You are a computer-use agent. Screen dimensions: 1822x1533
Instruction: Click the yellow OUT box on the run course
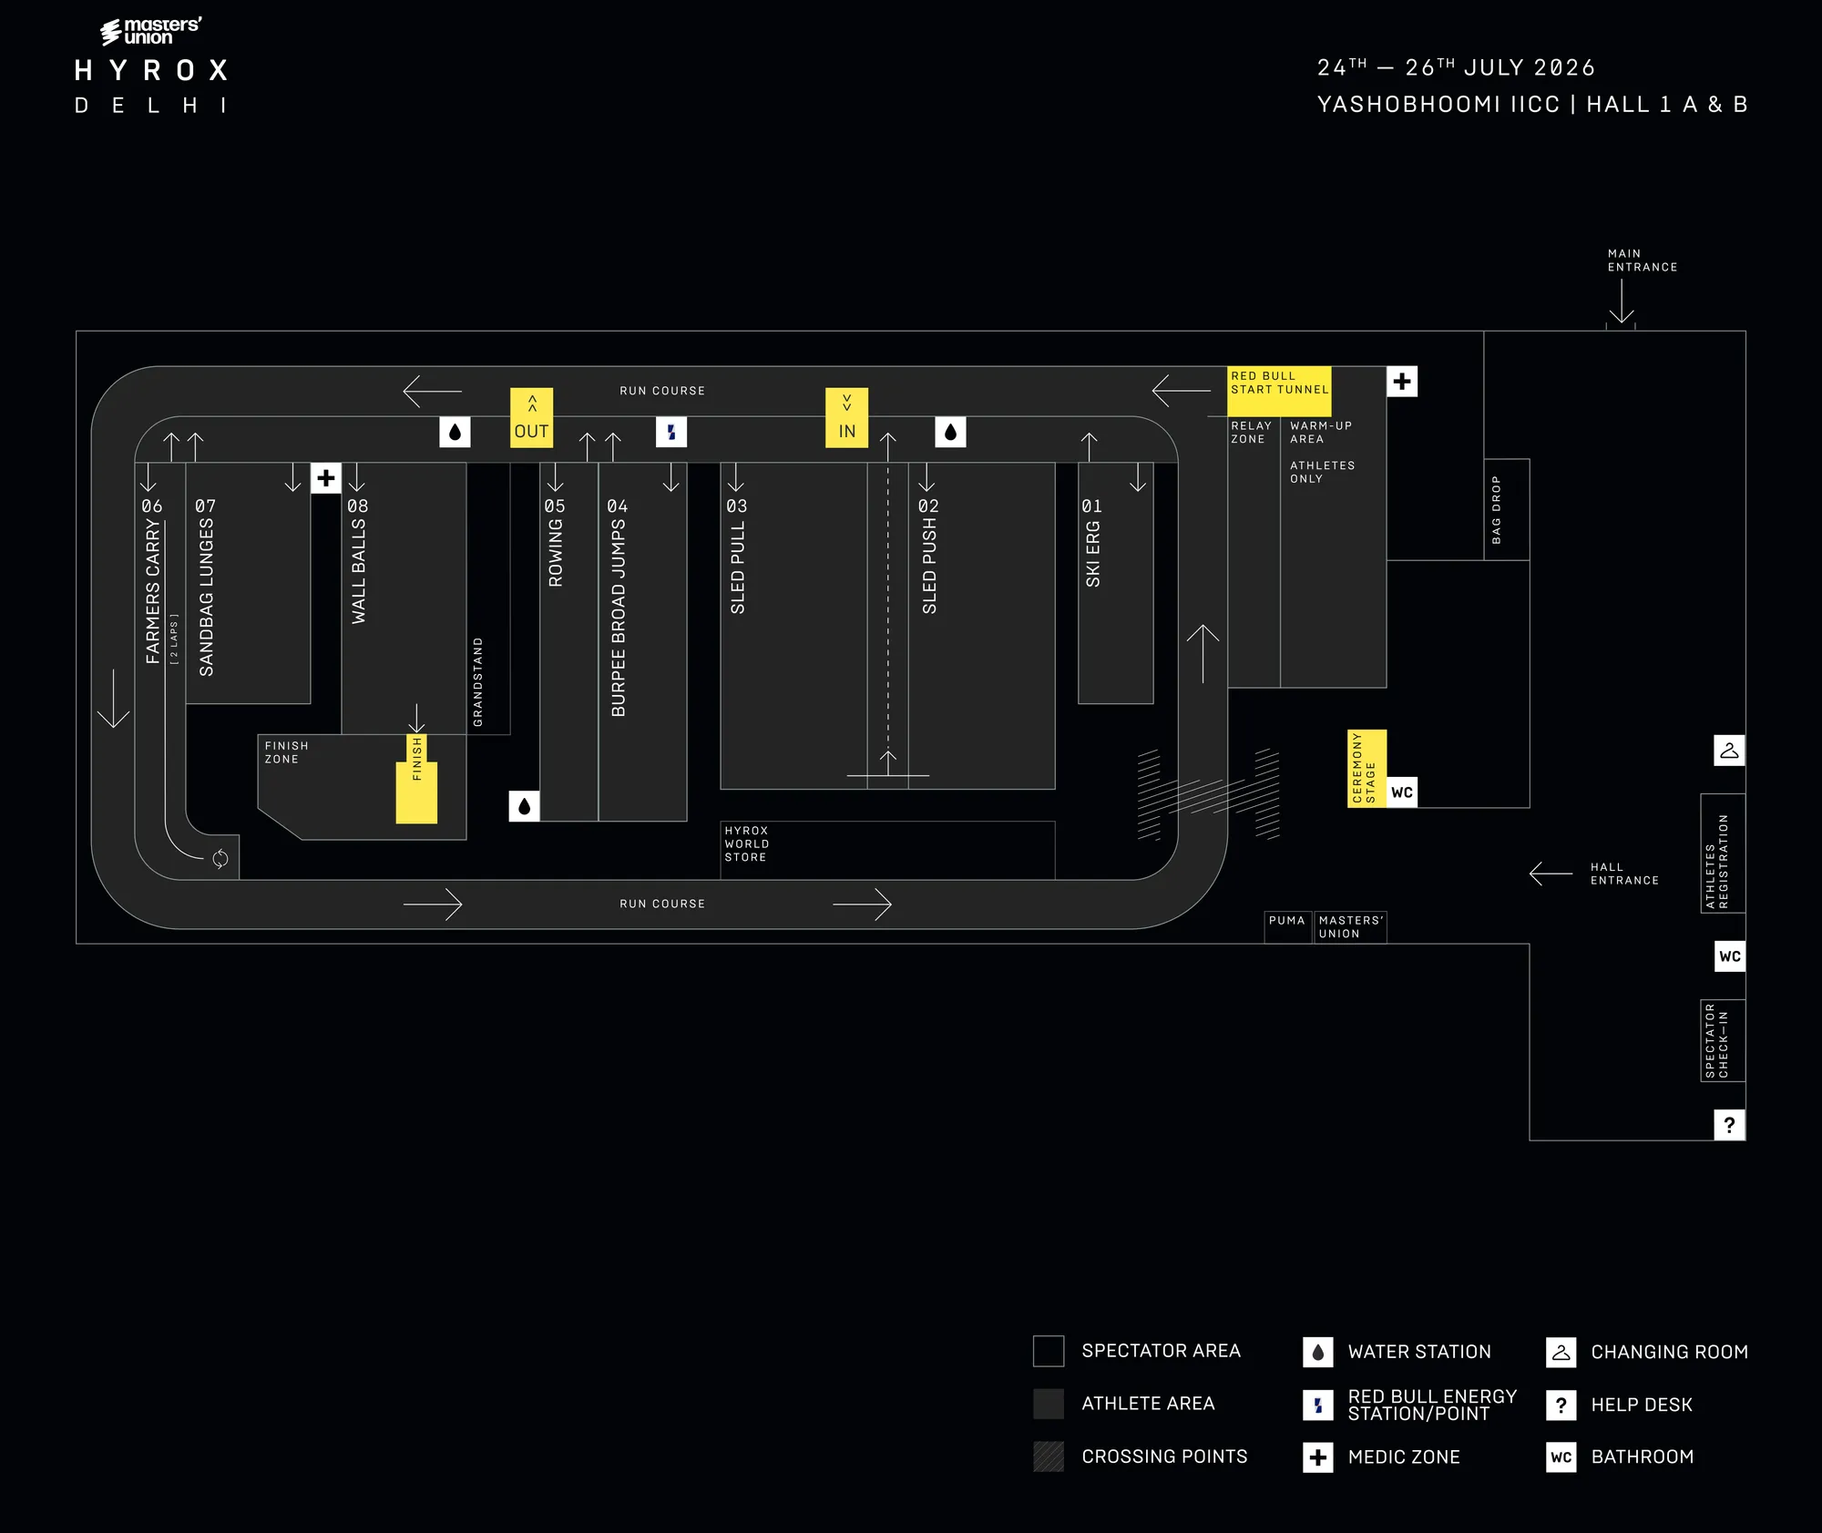point(531,418)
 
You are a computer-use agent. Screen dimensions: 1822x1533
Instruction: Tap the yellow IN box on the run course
point(846,418)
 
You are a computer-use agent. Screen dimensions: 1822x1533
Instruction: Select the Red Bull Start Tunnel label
point(1279,383)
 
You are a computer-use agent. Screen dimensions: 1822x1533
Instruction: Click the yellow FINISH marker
point(416,779)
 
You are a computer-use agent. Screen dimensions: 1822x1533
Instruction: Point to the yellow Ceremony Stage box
point(1366,768)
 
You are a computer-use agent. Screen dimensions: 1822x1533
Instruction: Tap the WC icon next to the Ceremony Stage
point(1402,792)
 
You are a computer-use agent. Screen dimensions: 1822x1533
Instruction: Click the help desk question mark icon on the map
point(1729,1125)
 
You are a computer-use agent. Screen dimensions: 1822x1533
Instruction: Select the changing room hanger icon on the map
point(1729,751)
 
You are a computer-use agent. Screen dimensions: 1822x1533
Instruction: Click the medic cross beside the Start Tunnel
point(1402,382)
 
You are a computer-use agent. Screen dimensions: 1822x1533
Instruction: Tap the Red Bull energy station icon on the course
point(671,432)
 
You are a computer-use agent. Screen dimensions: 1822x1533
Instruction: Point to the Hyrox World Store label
point(747,843)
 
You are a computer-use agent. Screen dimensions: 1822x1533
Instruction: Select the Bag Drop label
point(1496,510)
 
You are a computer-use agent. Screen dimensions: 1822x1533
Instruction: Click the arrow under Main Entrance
point(1622,301)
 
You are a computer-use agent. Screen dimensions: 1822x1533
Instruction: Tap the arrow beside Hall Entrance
point(1551,874)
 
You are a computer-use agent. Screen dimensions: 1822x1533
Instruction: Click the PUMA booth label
point(1287,920)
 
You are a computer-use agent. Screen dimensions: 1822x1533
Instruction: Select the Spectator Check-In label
point(1716,1040)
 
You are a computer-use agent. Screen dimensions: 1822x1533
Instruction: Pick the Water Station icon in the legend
point(1317,1352)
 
